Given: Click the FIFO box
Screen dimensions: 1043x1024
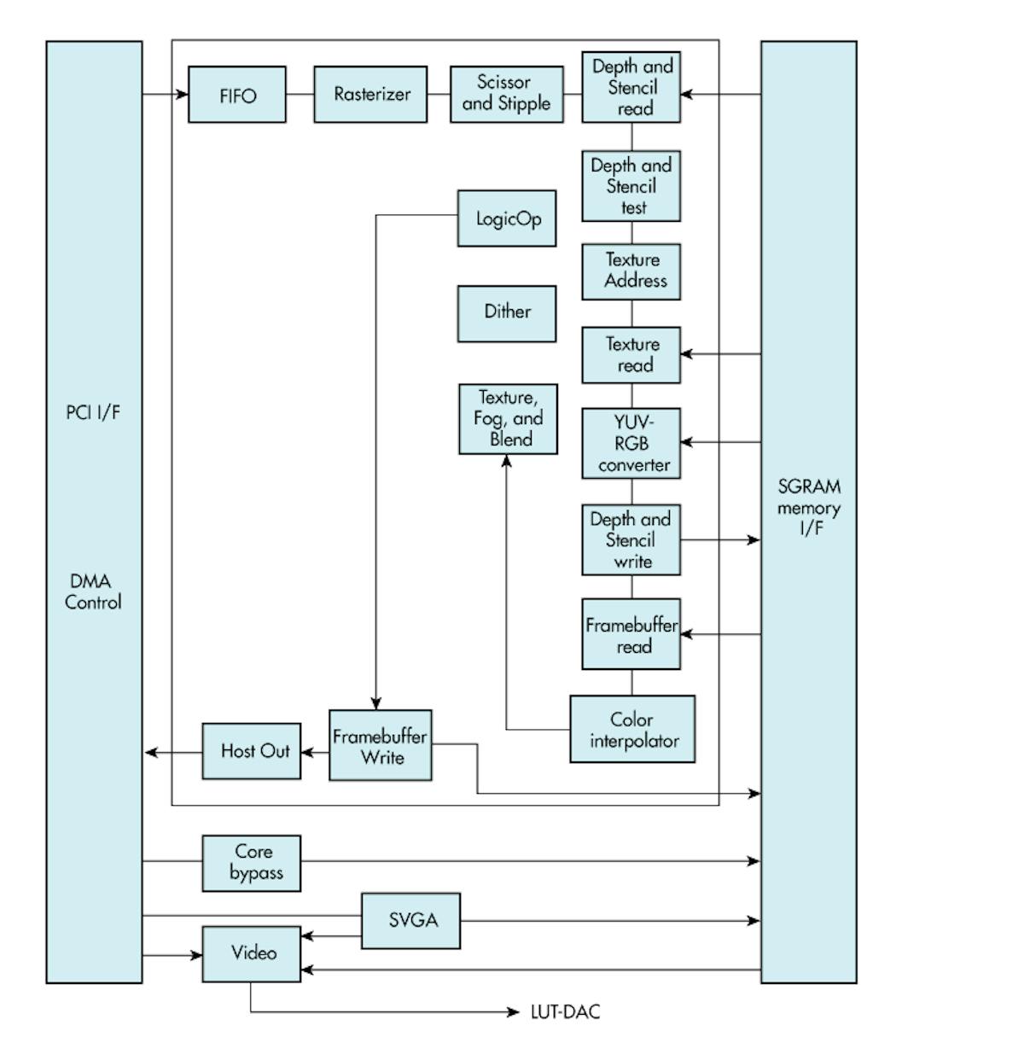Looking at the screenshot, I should coord(237,95).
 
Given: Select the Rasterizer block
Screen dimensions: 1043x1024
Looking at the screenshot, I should coord(370,95).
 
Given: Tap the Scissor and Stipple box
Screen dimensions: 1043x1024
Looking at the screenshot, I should coord(506,94).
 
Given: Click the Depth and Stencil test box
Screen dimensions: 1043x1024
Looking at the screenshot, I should coord(631,186).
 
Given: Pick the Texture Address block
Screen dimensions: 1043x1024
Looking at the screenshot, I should coord(631,271).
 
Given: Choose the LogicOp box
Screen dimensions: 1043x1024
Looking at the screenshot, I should coord(507,219).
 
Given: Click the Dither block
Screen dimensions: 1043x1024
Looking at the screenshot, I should coord(507,313).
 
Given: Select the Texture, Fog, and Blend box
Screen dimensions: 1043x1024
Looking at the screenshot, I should coord(508,418).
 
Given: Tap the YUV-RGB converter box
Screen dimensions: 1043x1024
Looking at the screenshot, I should coord(631,443).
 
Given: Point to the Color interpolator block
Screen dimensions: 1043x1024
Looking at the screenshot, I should coord(632,729).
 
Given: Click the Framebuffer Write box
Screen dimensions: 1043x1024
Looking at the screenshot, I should coord(381,745).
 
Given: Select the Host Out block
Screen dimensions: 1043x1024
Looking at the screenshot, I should coord(252,751).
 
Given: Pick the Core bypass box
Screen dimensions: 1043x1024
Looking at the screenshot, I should coord(252,863).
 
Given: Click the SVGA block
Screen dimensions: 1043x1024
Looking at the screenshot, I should coord(411,920).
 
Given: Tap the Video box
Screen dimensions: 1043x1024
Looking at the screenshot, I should coord(252,953).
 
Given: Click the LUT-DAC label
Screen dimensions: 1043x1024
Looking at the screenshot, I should coord(565,1012).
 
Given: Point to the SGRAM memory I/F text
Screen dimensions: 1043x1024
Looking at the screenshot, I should coord(809,507).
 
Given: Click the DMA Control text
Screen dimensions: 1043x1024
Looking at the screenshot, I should coord(93,591).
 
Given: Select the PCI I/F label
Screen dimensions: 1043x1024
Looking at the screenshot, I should coord(93,412).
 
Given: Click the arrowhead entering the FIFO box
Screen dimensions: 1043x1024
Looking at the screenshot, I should coord(182,94).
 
